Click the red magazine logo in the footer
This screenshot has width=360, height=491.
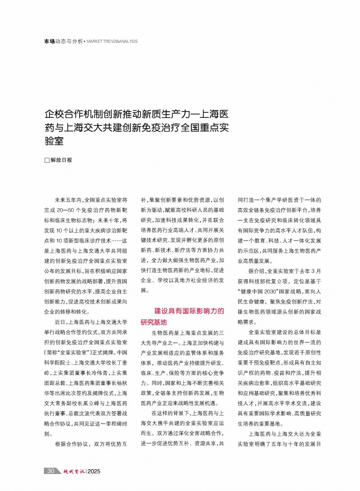pyautogui.click(x=72, y=471)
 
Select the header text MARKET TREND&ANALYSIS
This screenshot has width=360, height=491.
pyautogui.click(x=112, y=41)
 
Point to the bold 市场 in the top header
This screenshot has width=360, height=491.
pyautogui.click(x=49, y=41)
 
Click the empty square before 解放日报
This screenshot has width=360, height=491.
pyautogui.click(x=46, y=160)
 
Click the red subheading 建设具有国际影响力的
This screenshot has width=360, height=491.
pyautogui.click(x=189, y=311)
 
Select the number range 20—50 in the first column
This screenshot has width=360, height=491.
pyautogui.click(x=72, y=210)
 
